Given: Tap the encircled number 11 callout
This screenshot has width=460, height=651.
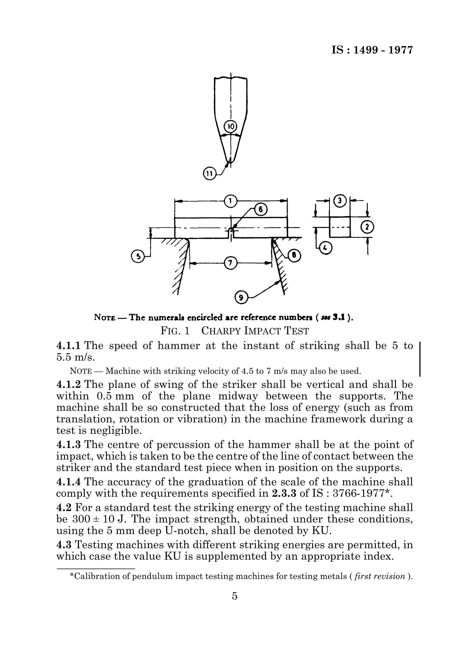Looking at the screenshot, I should pyautogui.click(x=209, y=173).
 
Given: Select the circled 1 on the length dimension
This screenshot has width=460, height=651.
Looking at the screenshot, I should pyautogui.click(x=230, y=201).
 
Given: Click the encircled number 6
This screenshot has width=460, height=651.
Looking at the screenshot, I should pyautogui.click(x=261, y=210).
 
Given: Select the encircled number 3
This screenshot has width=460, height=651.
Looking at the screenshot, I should pyautogui.click(x=340, y=201).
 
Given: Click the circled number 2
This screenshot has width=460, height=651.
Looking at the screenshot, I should pyautogui.click(x=367, y=227).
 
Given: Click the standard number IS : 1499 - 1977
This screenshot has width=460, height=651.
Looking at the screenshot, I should pyautogui.click(x=372, y=50).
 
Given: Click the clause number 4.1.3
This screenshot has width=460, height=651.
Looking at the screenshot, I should pyautogui.click(x=69, y=444).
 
